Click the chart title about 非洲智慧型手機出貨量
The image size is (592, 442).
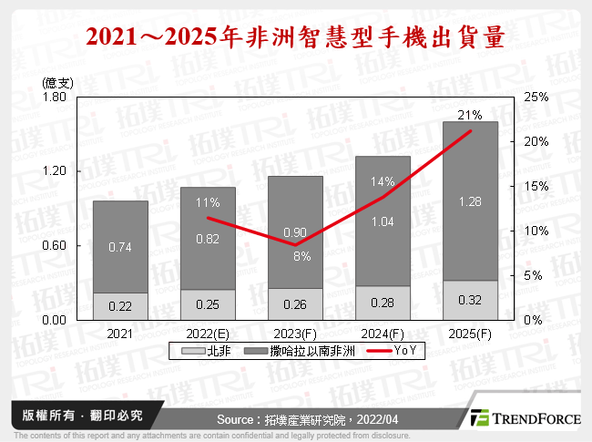point(295,37)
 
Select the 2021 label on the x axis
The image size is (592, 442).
point(120,334)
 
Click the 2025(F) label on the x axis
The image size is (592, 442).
point(470,334)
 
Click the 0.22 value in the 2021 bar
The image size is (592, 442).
point(120,307)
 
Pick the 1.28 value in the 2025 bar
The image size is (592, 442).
point(470,201)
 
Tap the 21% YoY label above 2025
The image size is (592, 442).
point(470,115)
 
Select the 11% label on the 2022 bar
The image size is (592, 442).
point(208,202)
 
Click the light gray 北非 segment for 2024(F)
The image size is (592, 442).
point(383,303)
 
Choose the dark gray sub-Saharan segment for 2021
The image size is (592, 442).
point(120,246)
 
